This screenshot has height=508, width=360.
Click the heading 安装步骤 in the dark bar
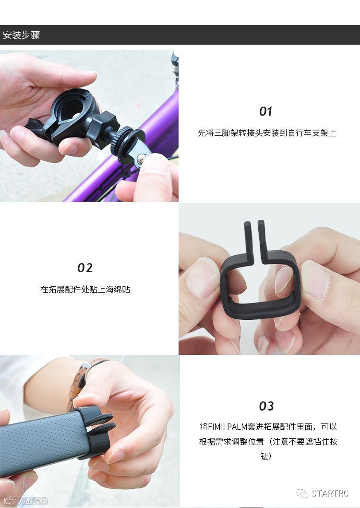coord(22,35)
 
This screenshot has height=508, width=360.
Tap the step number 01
coord(265,111)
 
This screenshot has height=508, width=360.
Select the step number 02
coord(85,268)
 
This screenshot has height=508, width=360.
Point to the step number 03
coord(266,406)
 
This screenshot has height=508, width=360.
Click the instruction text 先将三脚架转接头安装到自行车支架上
coord(267,133)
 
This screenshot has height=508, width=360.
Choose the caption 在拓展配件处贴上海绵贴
coord(85,290)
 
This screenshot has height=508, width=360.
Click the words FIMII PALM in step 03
coord(228,427)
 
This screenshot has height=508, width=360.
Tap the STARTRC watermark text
coord(330,493)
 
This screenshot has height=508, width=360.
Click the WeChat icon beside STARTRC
coord(302,493)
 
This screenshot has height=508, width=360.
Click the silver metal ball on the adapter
coord(141,158)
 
